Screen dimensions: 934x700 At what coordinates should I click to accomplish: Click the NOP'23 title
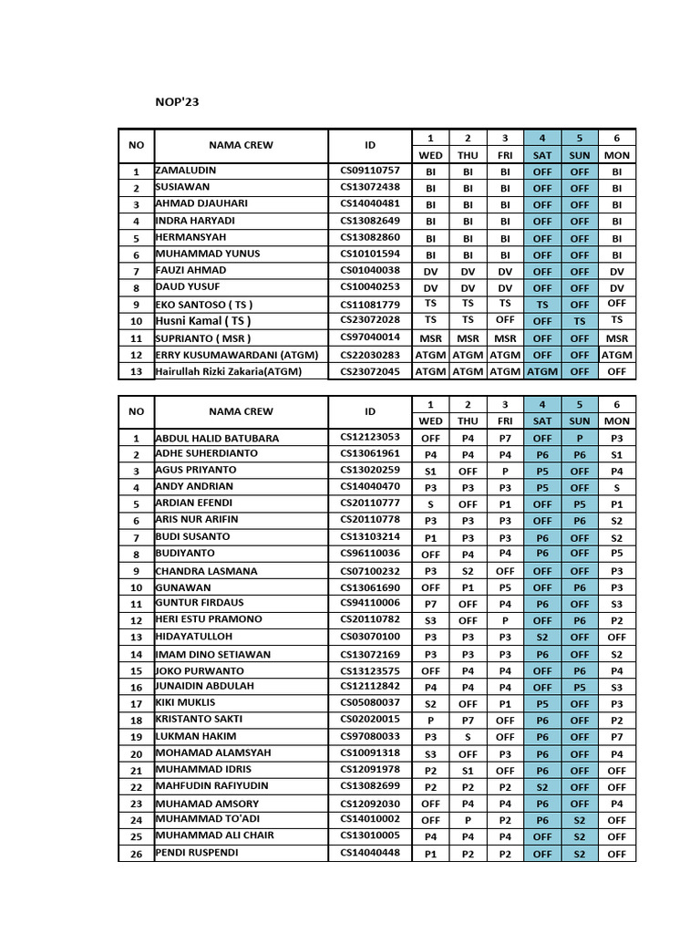point(177,102)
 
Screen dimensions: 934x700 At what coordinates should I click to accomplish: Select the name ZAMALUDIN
point(186,171)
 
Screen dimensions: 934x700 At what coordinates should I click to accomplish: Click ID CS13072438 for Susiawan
point(370,187)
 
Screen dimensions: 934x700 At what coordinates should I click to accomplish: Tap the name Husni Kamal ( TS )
point(203,321)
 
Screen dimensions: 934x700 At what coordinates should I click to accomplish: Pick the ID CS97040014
point(370,337)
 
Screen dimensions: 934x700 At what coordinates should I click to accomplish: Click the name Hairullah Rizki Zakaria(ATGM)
point(228,371)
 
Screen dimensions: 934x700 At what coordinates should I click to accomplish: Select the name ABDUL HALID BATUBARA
point(217,438)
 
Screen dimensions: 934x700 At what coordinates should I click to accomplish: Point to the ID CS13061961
point(370,453)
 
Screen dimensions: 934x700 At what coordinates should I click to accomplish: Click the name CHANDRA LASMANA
point(206,571)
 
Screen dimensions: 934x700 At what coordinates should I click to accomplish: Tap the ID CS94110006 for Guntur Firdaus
point(370,604)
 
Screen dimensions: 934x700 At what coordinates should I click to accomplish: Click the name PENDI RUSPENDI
point(197,853)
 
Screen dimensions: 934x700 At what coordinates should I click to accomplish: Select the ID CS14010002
point(370,819)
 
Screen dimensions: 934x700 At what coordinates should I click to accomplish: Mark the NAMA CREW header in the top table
point(241,145)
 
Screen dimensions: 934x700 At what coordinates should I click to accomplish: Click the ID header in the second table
point(370,411)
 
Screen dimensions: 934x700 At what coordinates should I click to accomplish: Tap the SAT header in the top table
point(542,155)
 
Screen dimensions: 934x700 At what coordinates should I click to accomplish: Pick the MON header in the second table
point(617,421)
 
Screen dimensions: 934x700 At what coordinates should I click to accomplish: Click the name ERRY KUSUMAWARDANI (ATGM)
point(236,355)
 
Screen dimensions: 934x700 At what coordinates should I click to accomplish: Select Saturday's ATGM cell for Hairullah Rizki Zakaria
point(542,371)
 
